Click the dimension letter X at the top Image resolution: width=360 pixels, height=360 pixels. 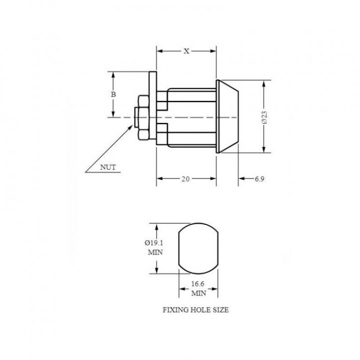(186, 51)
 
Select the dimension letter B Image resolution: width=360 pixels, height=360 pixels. (113, 94)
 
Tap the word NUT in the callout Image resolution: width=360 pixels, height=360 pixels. (108, 167)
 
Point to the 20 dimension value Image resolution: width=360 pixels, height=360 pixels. (185, 179)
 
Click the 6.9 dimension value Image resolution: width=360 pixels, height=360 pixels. (259, 179)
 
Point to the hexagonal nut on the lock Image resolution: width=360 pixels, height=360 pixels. (143, 117)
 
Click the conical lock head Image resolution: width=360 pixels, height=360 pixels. (227, 117)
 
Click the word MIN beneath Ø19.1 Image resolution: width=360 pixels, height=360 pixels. (155, 252)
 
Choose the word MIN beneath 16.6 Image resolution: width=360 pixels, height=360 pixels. (198, 293)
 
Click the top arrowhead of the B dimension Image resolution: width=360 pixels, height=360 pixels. (113, 75)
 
